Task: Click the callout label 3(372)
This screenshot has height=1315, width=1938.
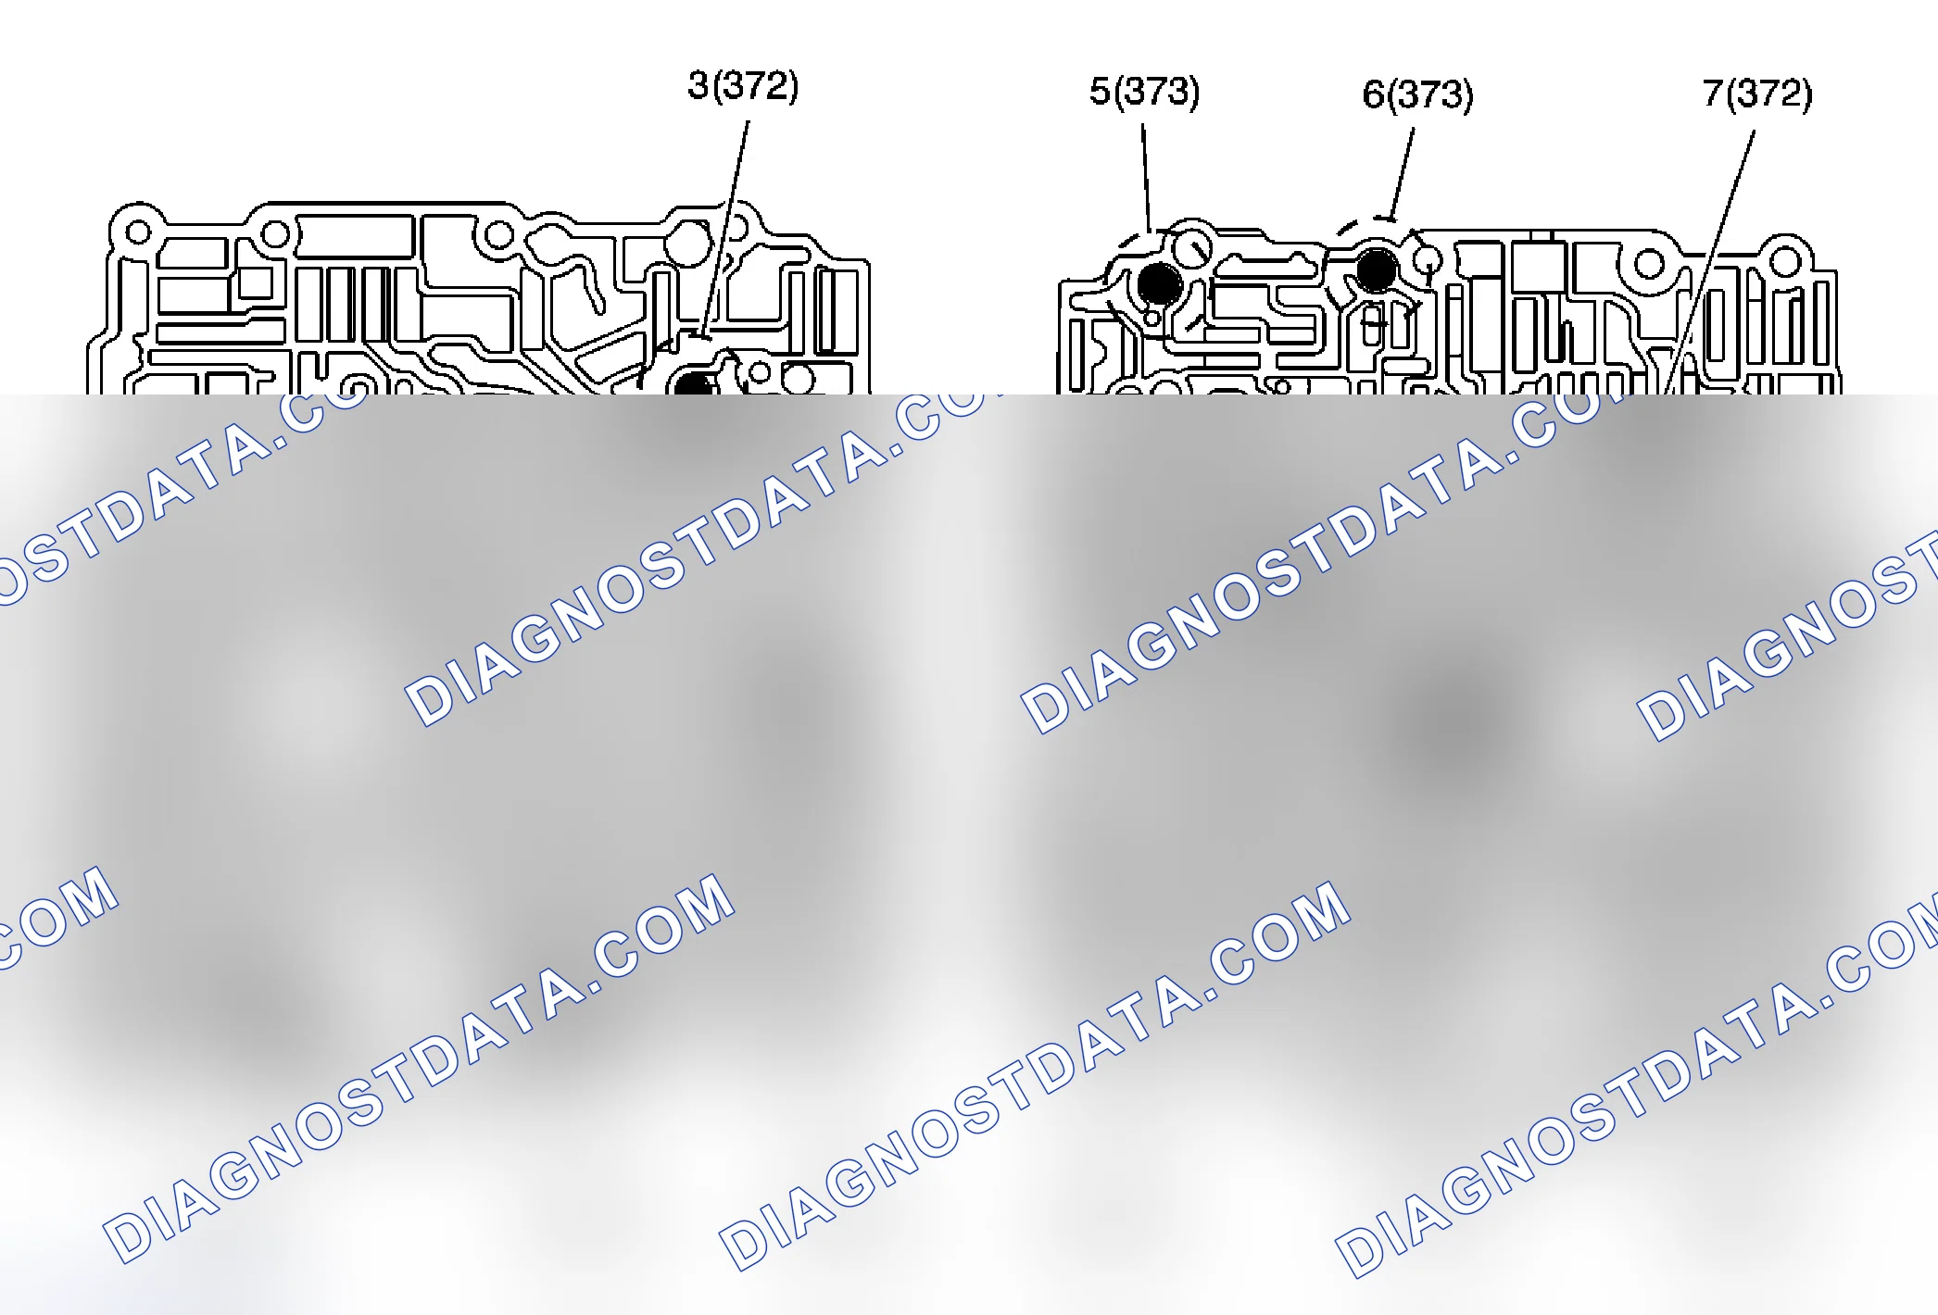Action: coord(743,86)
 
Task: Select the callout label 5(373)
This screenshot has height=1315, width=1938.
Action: coord(1144,91)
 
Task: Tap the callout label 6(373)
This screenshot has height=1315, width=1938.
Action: coord(1417,94)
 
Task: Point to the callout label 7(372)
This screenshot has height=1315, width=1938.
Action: coord(1757,94)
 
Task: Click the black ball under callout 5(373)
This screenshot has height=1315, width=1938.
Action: coord(1159,283)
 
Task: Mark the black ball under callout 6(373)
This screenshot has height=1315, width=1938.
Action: coord(1377,269)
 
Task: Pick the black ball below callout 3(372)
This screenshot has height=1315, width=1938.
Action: coord(693,383)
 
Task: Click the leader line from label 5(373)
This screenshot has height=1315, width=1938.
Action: coord(1146,178)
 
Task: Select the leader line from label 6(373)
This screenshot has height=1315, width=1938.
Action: coord(1403,173)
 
